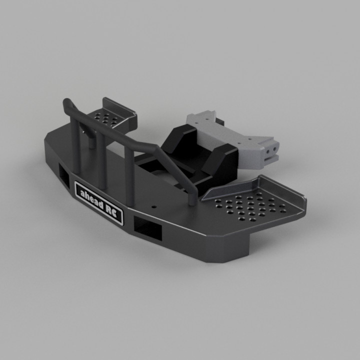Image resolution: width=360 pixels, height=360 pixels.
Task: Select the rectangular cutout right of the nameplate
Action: point(148,228)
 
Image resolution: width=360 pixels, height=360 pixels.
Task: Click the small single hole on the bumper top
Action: point(154,205)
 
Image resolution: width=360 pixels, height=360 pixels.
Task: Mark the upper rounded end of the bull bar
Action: point(67,104)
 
